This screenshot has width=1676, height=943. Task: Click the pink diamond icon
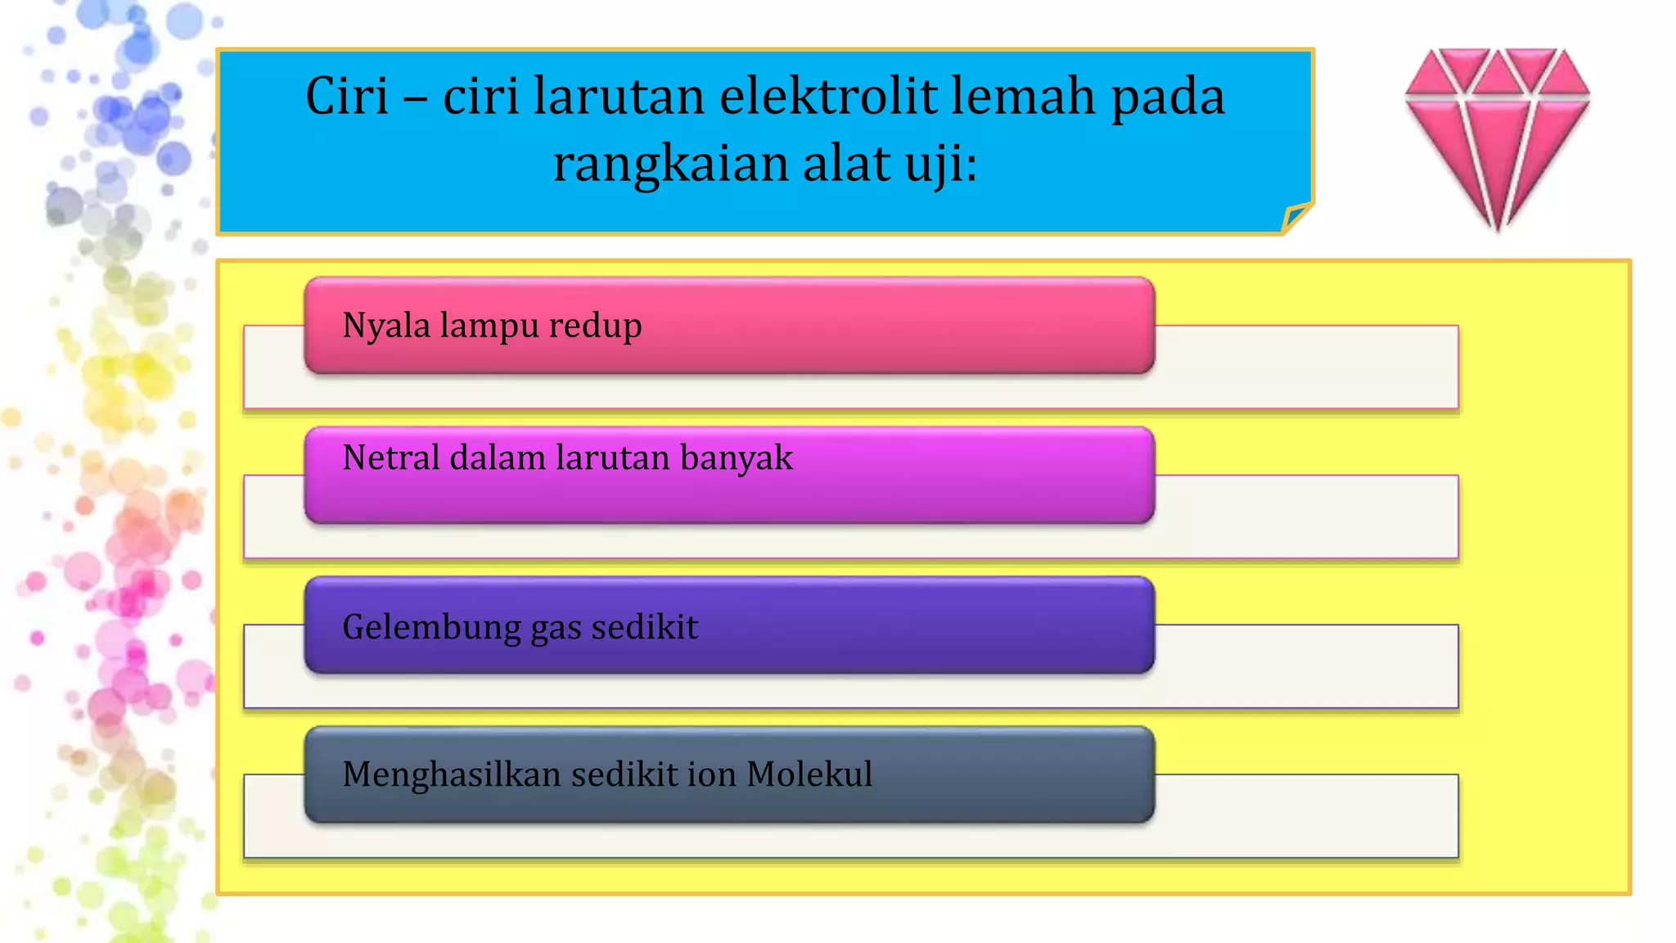tap(1497, 135)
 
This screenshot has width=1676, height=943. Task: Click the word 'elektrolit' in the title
tap(828, 97)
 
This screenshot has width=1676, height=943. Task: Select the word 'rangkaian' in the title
tap(670, 164)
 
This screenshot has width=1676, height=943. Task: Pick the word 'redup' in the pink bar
tap(595, 325)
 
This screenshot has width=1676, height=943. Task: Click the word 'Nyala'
tap(386, 325)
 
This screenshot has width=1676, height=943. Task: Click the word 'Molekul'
tap(809, 774)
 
